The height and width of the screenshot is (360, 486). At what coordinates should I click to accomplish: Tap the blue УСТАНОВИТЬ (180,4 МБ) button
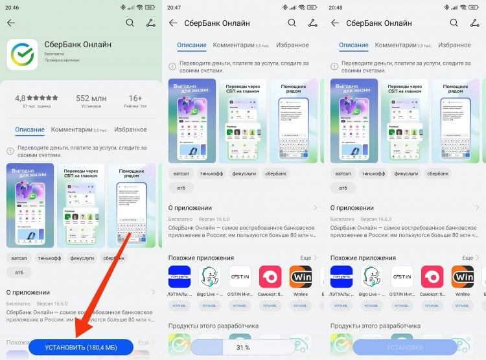pos(80,348)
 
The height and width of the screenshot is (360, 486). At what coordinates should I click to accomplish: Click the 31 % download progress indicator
pos(243,348)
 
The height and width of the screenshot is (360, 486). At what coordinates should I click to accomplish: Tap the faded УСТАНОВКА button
pos(404,348)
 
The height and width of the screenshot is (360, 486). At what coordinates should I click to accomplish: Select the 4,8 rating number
pos(25,98)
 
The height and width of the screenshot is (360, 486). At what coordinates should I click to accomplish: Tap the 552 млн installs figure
pos(91,98)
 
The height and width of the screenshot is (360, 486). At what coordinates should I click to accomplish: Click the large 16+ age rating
pos(135,98)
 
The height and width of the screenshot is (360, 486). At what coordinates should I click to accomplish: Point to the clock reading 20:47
pos(175,7)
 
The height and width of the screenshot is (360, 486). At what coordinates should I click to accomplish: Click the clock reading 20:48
pos(337,7)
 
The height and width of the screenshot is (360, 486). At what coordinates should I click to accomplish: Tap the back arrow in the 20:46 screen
pos(11,23)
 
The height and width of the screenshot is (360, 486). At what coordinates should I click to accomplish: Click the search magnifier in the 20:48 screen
pos(454,23)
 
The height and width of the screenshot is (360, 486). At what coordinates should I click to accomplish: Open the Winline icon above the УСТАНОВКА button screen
pos(463,276)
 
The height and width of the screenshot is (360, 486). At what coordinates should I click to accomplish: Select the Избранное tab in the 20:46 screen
pos(130,129)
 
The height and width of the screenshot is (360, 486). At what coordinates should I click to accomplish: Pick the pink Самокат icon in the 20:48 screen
pos(432,276)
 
